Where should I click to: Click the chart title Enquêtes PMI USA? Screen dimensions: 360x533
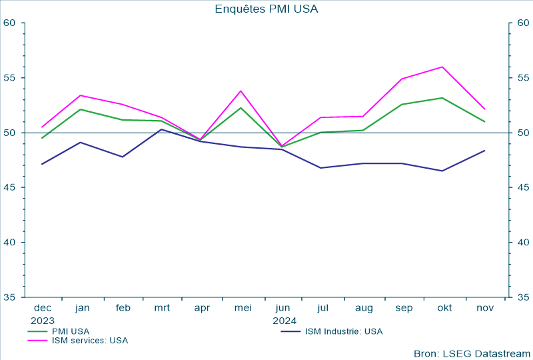coord(266,9)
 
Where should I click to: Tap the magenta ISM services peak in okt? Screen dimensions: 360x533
coord(442,67)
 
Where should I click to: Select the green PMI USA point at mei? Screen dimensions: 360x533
coord(241,108)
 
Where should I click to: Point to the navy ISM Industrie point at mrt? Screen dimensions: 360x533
coord(162,129)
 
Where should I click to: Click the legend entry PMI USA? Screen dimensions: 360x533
coord(70,331)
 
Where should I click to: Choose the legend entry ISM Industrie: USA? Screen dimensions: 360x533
coord(343,331)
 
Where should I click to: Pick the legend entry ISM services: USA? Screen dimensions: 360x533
coord(89,340)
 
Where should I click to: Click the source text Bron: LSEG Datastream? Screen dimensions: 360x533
coord(472,353)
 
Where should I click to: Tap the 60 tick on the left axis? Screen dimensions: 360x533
coord(9,23)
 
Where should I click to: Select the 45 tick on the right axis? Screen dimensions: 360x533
coord(523,187)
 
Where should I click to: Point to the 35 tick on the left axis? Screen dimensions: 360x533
coord(9,297)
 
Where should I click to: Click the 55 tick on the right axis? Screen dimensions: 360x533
coord(523,77)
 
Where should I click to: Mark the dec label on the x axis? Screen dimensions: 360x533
coord(43,308)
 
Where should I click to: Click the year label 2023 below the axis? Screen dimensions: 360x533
coord(43,320)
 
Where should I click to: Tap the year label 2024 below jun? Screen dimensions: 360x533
coord(284,320)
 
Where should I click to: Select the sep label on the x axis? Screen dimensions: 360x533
coord(404,308)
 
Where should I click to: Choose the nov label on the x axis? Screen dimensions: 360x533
coord(484,308)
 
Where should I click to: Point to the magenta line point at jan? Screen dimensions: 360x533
coord(81,95)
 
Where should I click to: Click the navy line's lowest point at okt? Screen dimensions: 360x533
coord(442,171)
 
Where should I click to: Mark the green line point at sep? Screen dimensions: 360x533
coord(402,104)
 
